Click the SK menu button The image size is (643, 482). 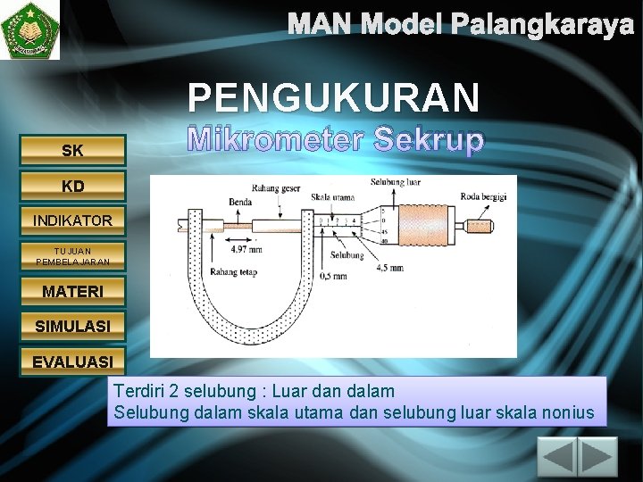tap(73, 151)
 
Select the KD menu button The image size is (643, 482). tap(73, 186)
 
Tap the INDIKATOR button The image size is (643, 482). tap(73, 220)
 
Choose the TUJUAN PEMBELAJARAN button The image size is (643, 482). tap(73, 256)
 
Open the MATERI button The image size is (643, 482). tap(73, 292)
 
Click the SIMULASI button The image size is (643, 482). tap(73, 327)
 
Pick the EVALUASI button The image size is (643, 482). tap(73, 362)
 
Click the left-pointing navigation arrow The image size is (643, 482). tap(559, 459)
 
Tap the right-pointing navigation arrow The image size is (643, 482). tap(599, 459)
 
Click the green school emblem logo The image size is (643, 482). tap(30, 29)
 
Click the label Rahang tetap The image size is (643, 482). tap(235, 271)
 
